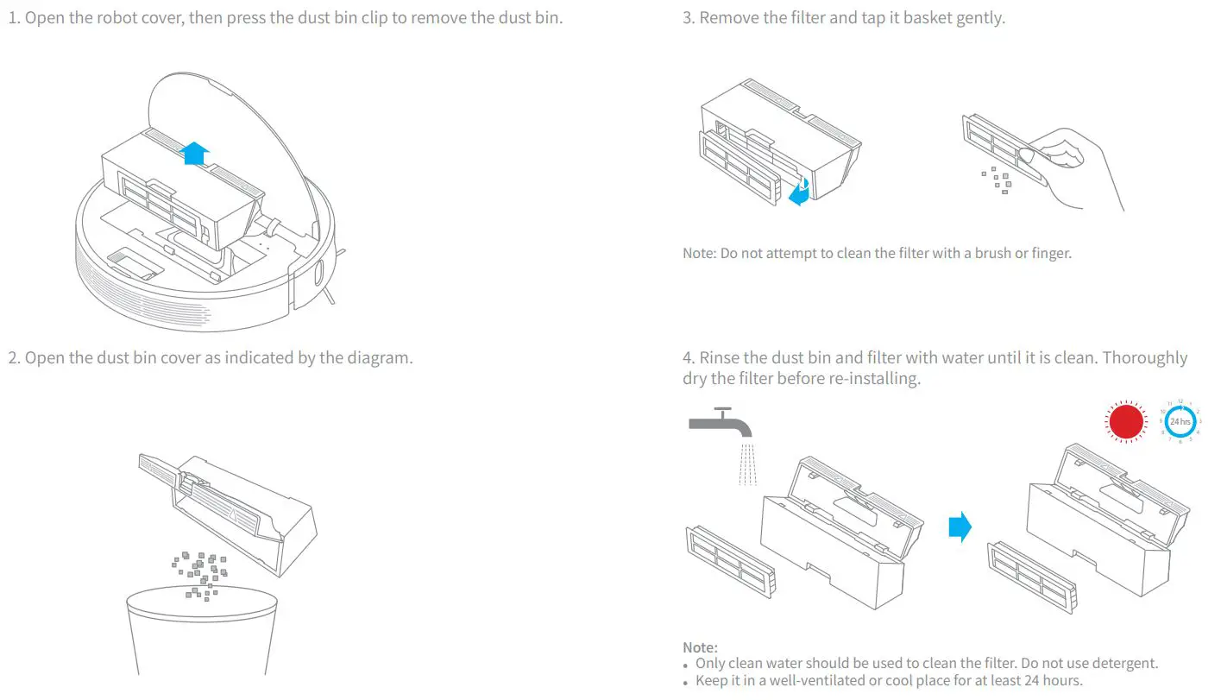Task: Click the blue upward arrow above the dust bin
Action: click(196, 154)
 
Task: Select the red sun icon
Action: click(1125, 422)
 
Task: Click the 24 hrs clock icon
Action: click(1180, 422)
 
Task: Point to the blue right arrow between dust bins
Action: click(960, 527)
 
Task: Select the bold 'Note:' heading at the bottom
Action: click(700, 647)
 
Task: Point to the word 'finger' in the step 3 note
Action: click(1050, 254)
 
